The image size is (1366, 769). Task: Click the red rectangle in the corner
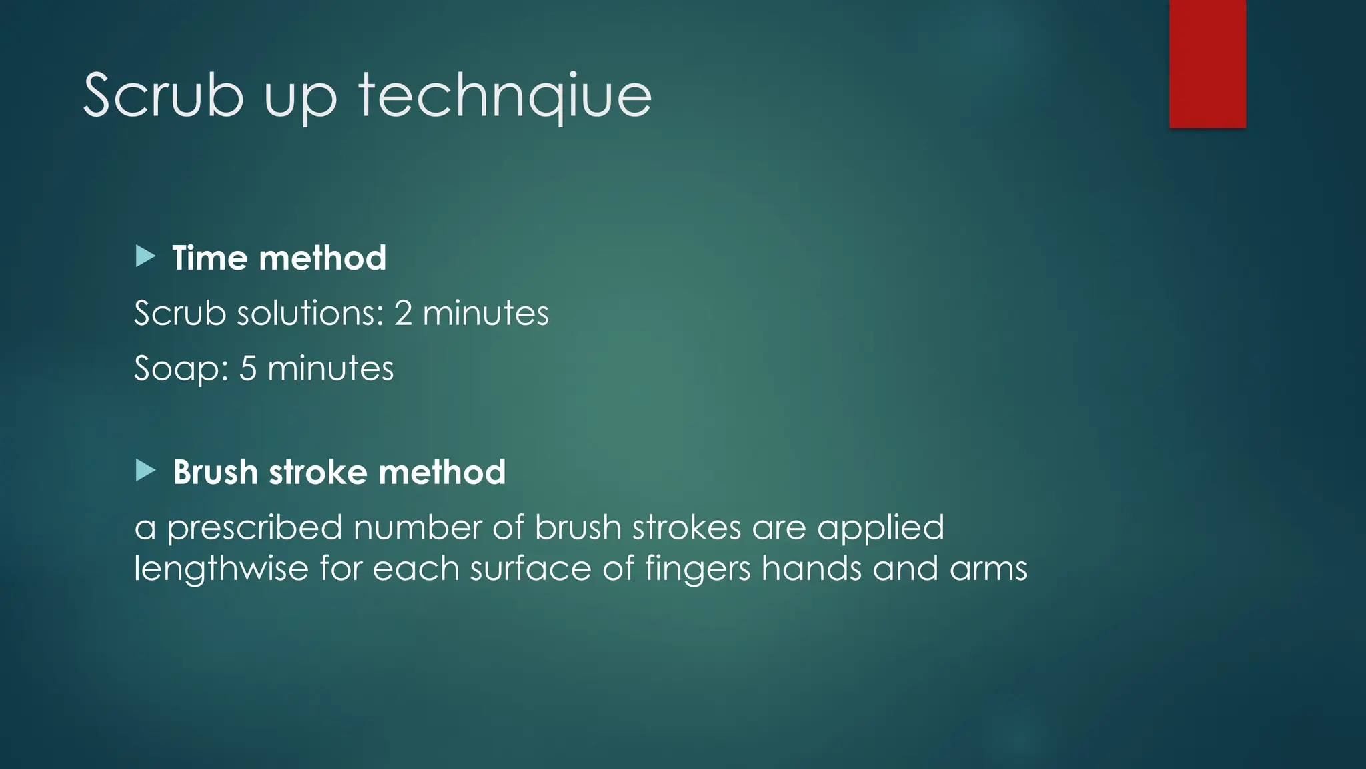1207,63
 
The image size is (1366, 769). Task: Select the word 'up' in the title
301,100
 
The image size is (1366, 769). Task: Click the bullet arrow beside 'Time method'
145,256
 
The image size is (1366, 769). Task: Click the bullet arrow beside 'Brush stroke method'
145,470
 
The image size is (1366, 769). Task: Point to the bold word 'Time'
210,258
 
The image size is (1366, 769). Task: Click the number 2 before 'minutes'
403,313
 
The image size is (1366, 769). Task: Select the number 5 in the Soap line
248,368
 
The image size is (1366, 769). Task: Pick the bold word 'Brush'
215,472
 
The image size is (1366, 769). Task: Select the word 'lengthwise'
221,569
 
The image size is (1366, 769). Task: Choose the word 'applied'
880,529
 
